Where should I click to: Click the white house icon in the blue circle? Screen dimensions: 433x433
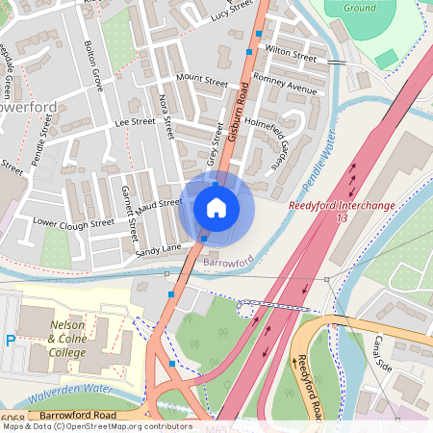216,207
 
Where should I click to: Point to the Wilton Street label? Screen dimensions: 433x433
291,52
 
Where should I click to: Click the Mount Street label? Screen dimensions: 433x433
202,83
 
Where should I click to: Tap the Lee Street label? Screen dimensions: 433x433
135,122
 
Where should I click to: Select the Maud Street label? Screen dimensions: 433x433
159,204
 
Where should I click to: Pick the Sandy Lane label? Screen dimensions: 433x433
158,250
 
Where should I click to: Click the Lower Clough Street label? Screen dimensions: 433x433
73,222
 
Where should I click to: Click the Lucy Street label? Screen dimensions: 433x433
230,12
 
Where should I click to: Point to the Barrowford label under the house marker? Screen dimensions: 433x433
227,260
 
